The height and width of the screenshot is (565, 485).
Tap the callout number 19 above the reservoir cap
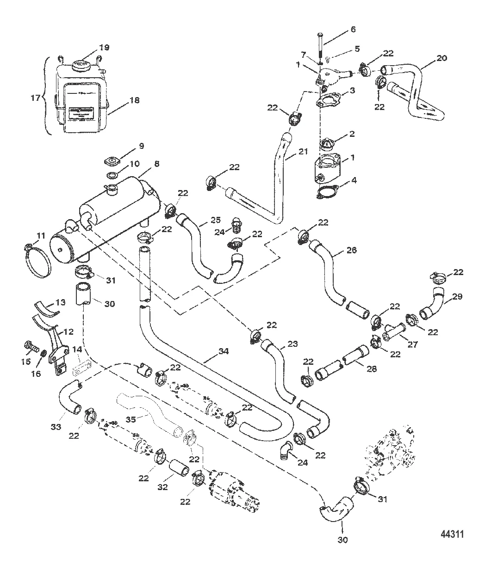104,47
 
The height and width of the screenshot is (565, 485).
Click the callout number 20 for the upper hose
442,59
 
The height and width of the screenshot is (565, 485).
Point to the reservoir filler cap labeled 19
85,64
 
